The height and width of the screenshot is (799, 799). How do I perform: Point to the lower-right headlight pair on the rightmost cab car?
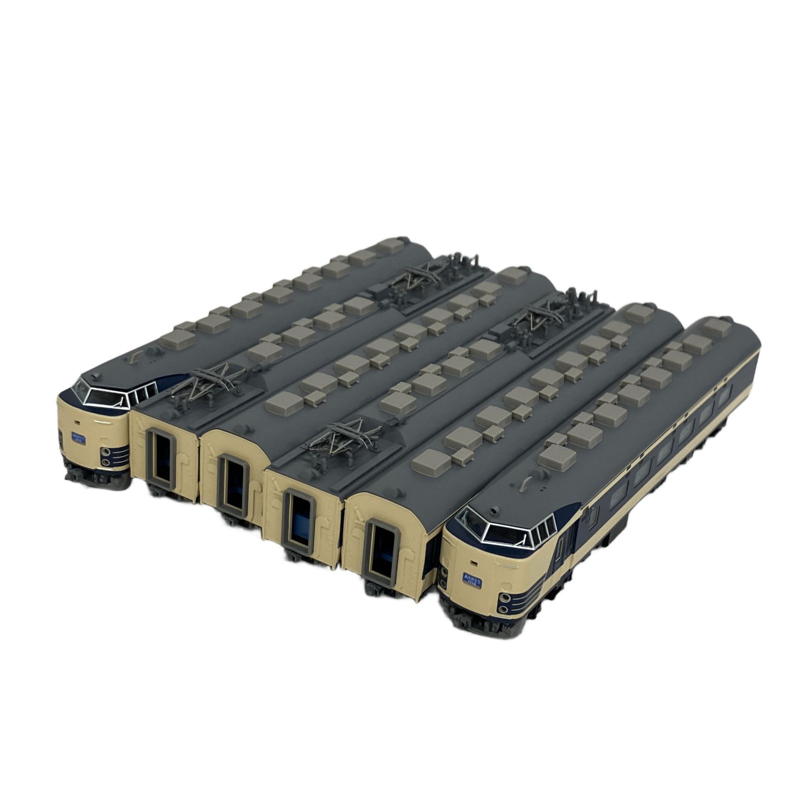[x=506, y=604]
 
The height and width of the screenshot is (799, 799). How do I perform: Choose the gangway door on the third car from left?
[x=234, y=485]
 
